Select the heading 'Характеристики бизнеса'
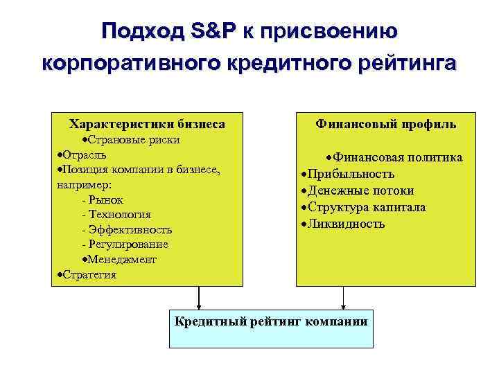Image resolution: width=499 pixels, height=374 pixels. [x=146, y=124]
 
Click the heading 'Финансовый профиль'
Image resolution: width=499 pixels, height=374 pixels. [x=385, y=124]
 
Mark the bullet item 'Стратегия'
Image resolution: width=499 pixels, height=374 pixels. [x=87, y=274]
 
